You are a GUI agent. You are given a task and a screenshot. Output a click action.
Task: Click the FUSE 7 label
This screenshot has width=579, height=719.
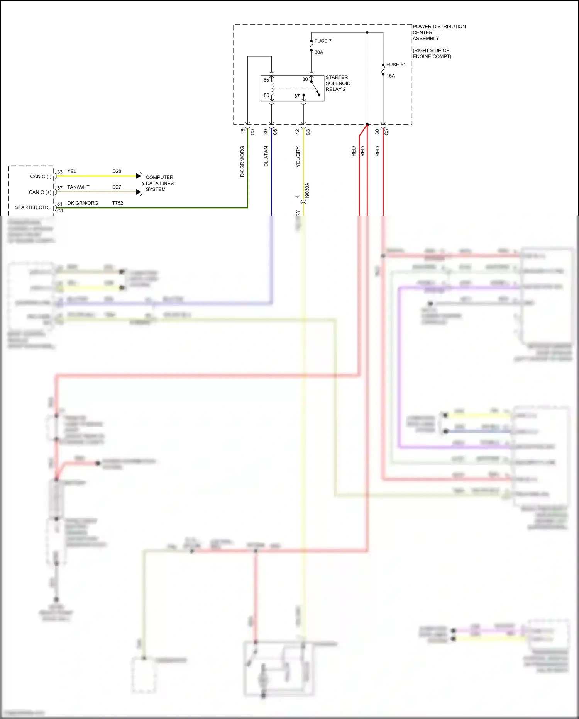(323, 41)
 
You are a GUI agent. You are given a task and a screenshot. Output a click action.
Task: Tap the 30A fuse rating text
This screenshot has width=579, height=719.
(319, 52)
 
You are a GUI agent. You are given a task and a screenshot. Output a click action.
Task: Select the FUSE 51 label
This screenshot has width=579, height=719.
(396, 65)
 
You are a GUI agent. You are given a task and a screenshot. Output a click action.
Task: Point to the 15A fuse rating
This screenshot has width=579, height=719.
(391, 76)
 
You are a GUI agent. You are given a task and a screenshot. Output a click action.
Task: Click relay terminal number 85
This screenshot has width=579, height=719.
(266, 80)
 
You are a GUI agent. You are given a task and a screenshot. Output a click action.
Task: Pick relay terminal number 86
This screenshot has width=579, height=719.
(266, 95)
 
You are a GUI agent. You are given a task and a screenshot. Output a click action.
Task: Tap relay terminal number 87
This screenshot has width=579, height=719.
(297, 96)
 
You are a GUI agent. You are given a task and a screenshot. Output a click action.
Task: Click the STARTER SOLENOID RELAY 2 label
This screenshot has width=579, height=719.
(338, 83)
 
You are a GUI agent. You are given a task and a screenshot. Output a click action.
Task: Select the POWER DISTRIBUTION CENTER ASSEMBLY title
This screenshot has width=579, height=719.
(439, 32)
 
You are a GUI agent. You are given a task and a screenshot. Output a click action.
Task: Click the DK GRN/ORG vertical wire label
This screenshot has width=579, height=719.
(242, 161)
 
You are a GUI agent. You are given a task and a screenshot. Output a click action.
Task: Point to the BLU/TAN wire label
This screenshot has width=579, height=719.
(266, 156)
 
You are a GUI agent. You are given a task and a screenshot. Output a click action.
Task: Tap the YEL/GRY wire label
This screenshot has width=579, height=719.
(298, 156)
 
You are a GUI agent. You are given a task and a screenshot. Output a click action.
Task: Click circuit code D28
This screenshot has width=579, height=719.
(117, 171)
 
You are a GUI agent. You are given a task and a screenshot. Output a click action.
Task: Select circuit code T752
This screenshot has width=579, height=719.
(118, 203)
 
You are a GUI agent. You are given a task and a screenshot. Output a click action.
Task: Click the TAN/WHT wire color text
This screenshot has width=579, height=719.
(78, 187)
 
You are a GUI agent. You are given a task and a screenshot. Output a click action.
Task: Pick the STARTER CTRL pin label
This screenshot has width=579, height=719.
(33, 207)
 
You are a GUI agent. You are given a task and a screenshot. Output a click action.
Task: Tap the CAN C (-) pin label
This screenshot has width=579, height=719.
(41, 176)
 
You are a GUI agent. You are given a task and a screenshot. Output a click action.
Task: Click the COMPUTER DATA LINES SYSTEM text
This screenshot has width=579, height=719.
(159, 183)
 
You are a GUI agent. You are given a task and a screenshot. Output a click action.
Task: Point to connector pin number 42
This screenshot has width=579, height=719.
(298, 131)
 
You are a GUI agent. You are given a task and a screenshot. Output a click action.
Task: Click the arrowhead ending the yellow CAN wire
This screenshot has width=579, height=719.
(139, 176)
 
